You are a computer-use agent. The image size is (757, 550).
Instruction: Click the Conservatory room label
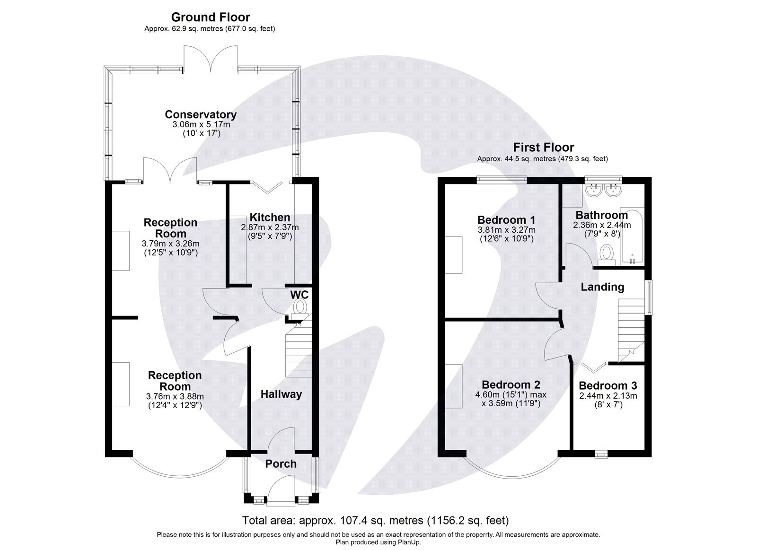point(201,114)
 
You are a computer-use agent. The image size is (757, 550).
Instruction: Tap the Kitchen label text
point(270,218)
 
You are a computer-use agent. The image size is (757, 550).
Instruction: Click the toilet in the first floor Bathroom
point(606,254)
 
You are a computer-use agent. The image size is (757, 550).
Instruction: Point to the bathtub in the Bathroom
point(632,236)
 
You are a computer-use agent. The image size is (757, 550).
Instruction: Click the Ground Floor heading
point(210,17)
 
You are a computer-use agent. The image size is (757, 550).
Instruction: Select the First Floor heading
point(544,148)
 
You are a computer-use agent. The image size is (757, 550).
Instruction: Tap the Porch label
point(281,464)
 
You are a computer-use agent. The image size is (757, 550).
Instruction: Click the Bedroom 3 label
point(607,385)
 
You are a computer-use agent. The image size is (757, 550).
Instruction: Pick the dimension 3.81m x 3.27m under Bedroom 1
point(506,230)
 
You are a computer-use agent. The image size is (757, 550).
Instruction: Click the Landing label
point(602,287)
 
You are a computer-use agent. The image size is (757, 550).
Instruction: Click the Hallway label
point(281,394)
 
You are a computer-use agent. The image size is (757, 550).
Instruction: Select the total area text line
point(375,521)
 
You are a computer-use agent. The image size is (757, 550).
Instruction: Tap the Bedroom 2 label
point(511,385)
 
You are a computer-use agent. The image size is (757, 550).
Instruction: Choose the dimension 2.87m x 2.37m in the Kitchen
point(270,227)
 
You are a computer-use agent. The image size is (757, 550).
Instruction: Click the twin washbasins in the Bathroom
point(603,191)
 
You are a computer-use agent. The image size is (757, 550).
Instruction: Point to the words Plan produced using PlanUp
point(378,542)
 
